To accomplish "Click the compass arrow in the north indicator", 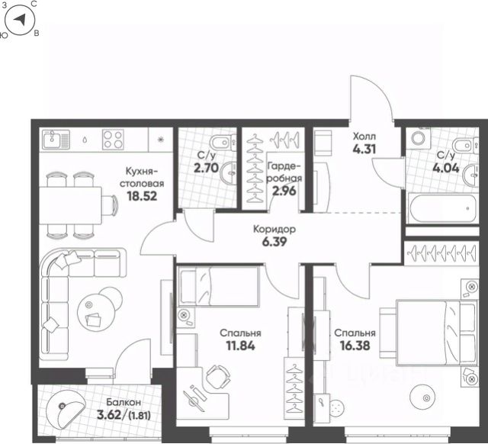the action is pyautogui.click(x=20, y=20).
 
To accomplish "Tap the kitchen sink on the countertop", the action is pyautogui.click(x=56, y=140).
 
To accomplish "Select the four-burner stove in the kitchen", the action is pyautogui.click(x=114, y=140).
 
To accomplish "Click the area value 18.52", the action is pyautogui.click(x=142, y=196).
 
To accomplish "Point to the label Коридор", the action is pyautogui.click(x=274, y=230).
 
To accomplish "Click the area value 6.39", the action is pyautogui.click(x=274, y=242).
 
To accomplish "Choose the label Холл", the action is pyautogui.click(x=364, y=137).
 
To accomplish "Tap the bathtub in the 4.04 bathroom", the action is pyautogui.click(x=442, y=208).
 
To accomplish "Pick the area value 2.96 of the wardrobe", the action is pyautogui.click(x=284, y=190).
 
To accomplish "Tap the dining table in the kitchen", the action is pyautogui.click(x=71, y=205).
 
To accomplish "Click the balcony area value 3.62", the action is pyautogui.click(x=110, y=415).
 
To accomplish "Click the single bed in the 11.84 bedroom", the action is pyautogui.click(x=219, y=285).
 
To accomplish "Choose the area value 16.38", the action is pyautogui.click(x=355, y=346).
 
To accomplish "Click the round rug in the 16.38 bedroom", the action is pyautogui.click(x=425, y=397).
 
